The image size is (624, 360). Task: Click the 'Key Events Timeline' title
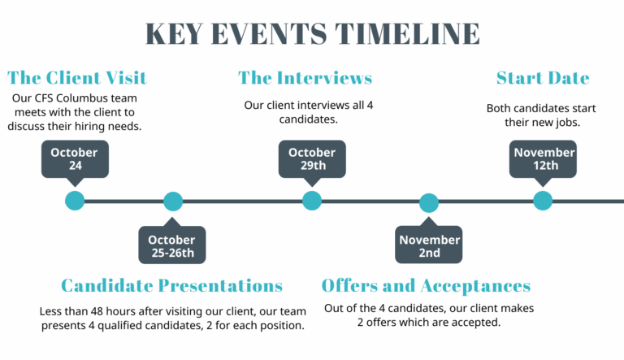tap(312, 34)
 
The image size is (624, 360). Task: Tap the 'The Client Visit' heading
tap(77, 78)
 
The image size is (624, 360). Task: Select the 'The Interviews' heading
tap(305, 78)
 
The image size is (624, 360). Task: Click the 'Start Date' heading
tap(543, 78)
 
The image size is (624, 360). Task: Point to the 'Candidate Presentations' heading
tap(171, 285)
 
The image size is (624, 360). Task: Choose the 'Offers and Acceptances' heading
tap(426, 285)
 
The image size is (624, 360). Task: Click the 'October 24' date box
tap(74, 158)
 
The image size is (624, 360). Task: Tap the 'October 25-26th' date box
tap(171, 245)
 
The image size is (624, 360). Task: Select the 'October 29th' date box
tap(312, 158)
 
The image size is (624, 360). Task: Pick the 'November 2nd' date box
tap(429, 245)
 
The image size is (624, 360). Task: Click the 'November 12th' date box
tap(544, 158)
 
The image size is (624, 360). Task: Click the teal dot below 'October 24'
tap(75, 201)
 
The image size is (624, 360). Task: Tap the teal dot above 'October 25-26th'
tap(173, 202)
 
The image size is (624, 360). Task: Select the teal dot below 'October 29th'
tap(312, 201)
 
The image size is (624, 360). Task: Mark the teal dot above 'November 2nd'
tap(429, 203)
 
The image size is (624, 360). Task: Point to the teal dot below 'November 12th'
tap(543, 201)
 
